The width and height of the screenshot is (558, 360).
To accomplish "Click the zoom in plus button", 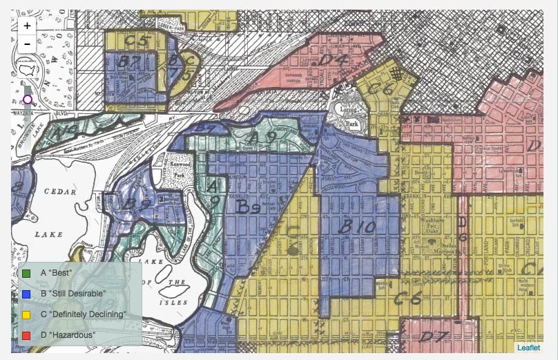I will click(27, 26).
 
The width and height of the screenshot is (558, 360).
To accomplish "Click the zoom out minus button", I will click(27, 44).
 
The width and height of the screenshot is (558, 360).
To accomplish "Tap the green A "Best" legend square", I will click(27, 273).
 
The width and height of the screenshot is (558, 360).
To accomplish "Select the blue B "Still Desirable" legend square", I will click(27, 294).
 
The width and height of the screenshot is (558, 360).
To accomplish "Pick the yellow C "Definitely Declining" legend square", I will click(27, 314).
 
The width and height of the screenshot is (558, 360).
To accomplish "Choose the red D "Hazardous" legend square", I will click(27, 335).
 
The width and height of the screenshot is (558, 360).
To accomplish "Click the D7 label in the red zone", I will click(434, 337).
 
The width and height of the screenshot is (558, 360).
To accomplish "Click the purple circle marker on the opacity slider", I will click(28, 100).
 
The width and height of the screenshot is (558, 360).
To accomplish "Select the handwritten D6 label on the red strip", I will click(463, 229).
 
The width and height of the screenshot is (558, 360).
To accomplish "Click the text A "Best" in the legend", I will click(57, 273).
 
